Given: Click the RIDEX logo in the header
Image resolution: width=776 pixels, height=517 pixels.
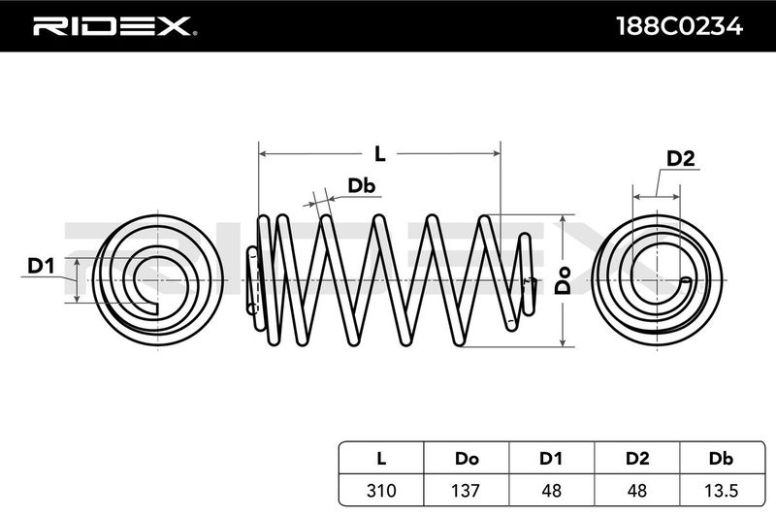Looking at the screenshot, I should point(112,26).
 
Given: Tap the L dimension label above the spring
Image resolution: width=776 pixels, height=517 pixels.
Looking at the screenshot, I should point(380,153).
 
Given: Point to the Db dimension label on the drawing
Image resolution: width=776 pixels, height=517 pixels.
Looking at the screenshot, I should point(361,184).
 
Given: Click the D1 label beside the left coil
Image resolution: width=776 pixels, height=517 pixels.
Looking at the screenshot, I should point(41,265).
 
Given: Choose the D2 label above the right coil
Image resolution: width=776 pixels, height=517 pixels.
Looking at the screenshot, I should point(681,159).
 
